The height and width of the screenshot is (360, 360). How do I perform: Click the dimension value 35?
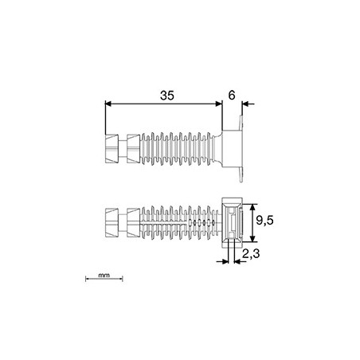167,96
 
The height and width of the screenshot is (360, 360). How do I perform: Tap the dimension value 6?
232,96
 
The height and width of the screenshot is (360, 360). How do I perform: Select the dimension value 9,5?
264,220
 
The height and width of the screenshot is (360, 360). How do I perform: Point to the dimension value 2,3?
251,254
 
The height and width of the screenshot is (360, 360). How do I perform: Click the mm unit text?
104,276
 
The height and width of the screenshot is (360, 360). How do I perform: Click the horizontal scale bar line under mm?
104,279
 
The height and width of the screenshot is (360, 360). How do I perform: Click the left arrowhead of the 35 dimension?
108,104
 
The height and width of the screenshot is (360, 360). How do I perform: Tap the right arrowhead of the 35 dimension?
219,104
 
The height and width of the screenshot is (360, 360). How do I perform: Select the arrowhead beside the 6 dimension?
245,104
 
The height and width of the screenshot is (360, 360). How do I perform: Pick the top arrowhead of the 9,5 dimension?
253,207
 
